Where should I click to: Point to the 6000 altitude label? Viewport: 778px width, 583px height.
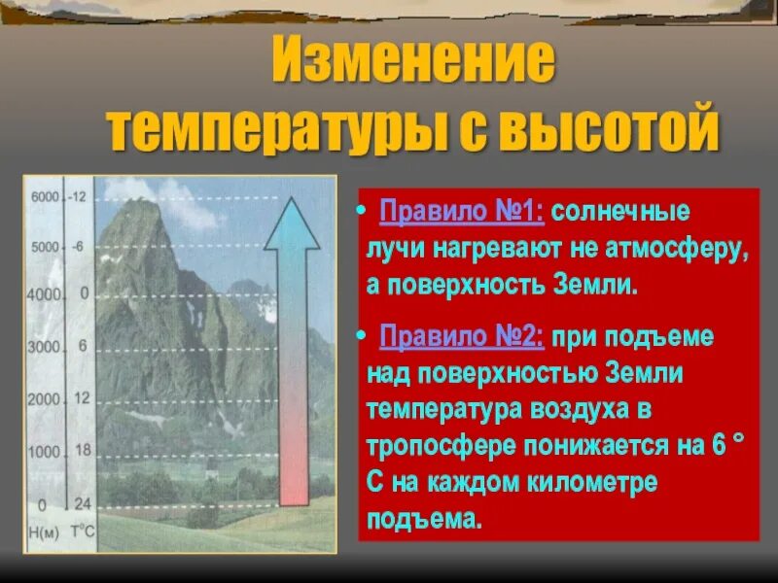point(46,196)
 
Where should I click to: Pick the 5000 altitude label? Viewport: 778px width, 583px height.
point(46,248)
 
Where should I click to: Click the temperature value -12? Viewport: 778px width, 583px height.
point(79,196)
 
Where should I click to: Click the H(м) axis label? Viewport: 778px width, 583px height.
point(44,531)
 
